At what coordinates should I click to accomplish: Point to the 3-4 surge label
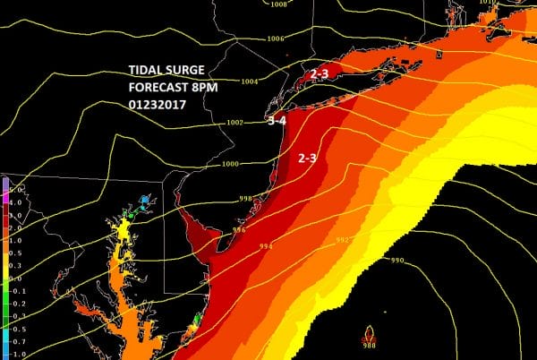pyautogui.click(x=277, y=122)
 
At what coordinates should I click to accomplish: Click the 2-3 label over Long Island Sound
pyautogui.click(x=320, y=74)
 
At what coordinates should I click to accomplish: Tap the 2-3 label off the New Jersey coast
pyautogui.click(x=307, y=158)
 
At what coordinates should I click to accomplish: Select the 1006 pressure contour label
pyautogui.click(x=276, y=39)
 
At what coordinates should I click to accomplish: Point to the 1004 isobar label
pyautogui.click(x=249, y=81)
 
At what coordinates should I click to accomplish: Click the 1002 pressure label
pyautogui.click(x=236, y=123)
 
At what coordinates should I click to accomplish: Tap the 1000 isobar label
pyautogui.click(x=231, y=164)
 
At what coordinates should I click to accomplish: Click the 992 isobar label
pyautogui.click(x=340, y=240)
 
